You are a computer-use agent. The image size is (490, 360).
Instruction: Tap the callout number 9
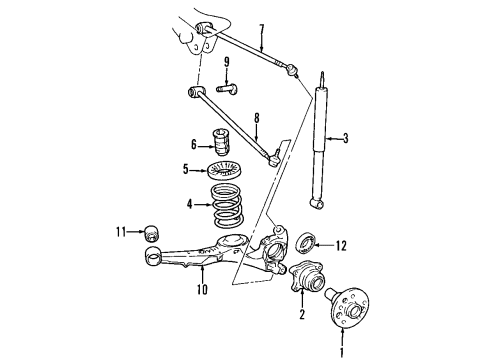227,62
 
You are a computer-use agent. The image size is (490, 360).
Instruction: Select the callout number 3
346,138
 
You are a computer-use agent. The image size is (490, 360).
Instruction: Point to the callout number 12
341,246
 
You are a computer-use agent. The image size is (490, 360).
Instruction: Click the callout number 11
121,231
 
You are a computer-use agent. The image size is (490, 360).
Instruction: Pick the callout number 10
202,289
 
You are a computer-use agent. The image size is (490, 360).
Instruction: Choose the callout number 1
341,353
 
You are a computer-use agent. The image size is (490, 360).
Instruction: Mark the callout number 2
302,314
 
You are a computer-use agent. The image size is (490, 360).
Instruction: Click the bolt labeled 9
227,89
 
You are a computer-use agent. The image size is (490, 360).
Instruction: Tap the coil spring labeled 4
227,206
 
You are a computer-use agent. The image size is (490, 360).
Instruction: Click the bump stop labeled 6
220,142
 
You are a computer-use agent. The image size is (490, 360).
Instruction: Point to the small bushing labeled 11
152,233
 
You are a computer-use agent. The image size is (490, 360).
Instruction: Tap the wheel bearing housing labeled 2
307,276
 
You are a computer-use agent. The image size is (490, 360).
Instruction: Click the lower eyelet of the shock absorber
316,203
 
